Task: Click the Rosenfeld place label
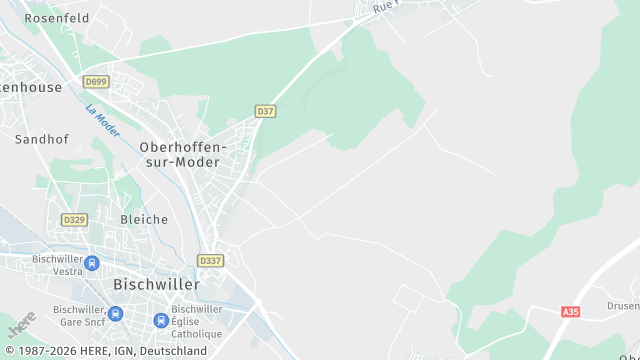coord(57,18)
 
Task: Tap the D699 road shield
coord(96,81)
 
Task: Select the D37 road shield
coord(265,111)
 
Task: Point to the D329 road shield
coord(73,219)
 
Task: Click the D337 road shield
coord(211,260)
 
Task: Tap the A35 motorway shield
coord(571,312)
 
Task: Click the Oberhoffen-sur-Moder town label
coord(184,154)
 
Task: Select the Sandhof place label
coord(41,140)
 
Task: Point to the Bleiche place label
coord(144,219)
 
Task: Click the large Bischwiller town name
coord(156,284)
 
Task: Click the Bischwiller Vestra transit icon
coord(93,264)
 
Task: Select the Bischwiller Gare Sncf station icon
coord(115,314)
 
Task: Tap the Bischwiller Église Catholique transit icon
coord(160,320)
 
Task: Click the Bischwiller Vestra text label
coord(57,264)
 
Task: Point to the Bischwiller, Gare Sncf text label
coord(79,315)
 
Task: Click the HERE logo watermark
coord(21,325)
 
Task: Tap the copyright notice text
coord(104,352)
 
